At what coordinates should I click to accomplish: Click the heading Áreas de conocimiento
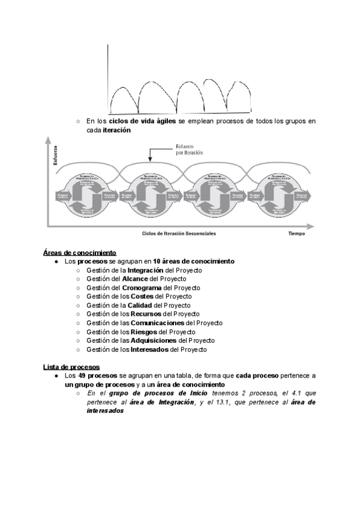point(79,253)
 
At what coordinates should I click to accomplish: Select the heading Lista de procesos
point(71,367)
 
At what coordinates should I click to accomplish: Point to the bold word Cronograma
point(142,288)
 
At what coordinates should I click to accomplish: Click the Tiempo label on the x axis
point(296,233)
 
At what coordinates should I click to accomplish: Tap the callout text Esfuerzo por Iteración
point(188,149)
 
